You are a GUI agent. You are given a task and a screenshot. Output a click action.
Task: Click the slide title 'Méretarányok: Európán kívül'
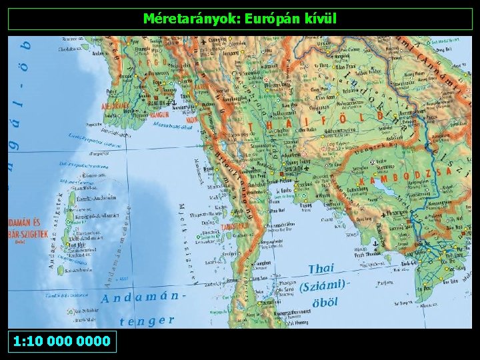click(241, 19)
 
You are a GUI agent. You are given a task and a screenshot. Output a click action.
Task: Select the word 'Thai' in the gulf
click(321, 269)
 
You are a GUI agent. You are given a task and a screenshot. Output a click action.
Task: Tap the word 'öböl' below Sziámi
click(325, 302)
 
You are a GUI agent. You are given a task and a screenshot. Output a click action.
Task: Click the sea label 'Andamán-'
click(141, 294)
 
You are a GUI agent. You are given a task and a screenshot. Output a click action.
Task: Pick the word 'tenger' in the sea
click(147, 321)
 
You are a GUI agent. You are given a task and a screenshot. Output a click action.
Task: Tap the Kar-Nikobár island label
click(85, 311)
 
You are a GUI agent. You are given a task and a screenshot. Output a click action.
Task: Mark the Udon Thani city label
click(345, 87)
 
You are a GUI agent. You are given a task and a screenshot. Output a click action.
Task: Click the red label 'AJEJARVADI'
click(115, 105)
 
